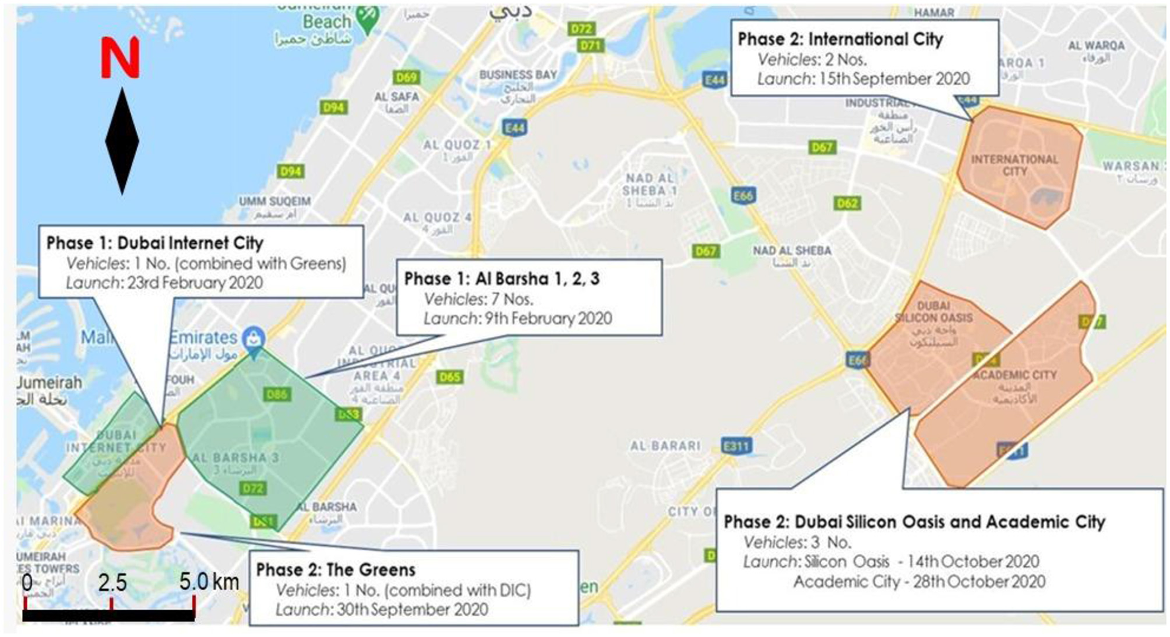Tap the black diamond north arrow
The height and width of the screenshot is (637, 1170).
tap(122, 141)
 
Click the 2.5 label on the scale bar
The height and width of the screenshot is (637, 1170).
tap(112, 583)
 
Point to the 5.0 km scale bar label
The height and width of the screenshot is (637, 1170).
tap(209, 582)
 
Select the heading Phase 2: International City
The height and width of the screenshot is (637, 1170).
tap(840, 39)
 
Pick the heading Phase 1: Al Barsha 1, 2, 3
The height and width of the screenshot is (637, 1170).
tap(502, 278)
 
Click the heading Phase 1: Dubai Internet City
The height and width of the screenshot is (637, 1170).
tap(155, 243)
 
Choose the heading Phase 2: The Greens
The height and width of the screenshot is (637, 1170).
tap(335, 569)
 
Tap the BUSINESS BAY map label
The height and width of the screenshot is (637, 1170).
tap(518, 75)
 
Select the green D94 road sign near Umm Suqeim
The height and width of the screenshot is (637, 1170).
tap(291, 172)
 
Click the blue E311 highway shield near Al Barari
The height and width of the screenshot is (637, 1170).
tap(736, 446)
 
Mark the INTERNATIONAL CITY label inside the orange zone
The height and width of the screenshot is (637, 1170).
tap(1014, 165)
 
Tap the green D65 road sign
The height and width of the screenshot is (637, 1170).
tap(450, 377)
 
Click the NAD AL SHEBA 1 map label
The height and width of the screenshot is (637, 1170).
tap(649, 184)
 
